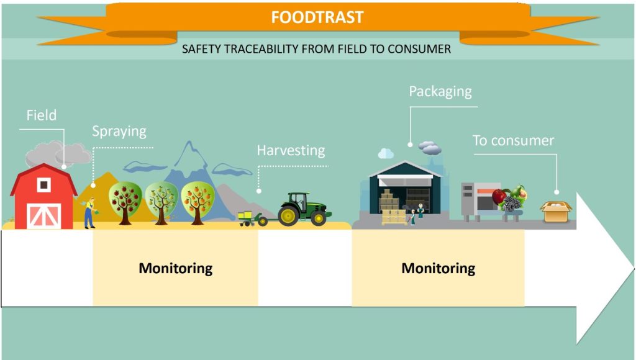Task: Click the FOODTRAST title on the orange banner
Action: pyautogui.click(x=317, y=17)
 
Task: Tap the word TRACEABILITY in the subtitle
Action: pyautogui.click(x=261, y=49)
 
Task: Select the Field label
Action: pyautogui.click(x=42, y=115)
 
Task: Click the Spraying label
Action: pyautogui.click(x=119, y=132)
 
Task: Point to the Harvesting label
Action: pyautogui.click(x=291, y=151)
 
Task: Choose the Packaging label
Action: pyautogui.click(x=440, y=92)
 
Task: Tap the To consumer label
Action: pyautogui.click(x=513, y=141)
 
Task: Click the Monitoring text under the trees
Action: pyautogui.click(x=176, y=268)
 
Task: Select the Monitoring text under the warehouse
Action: pyautogui.click(x=438, y=268)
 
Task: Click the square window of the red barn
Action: pyautogui.click(x=44, y=185)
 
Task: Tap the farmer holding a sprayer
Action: pyautogui.click(x=90, y=213)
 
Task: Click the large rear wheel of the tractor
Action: pyautogui.click(x=289, y=216)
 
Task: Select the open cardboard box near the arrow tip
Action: pyautogui.click(x=556, y=211)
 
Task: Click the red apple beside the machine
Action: pyautogui.click(x=499, y=197)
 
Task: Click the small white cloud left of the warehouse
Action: pyautogui.click(x=385, y=153)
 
